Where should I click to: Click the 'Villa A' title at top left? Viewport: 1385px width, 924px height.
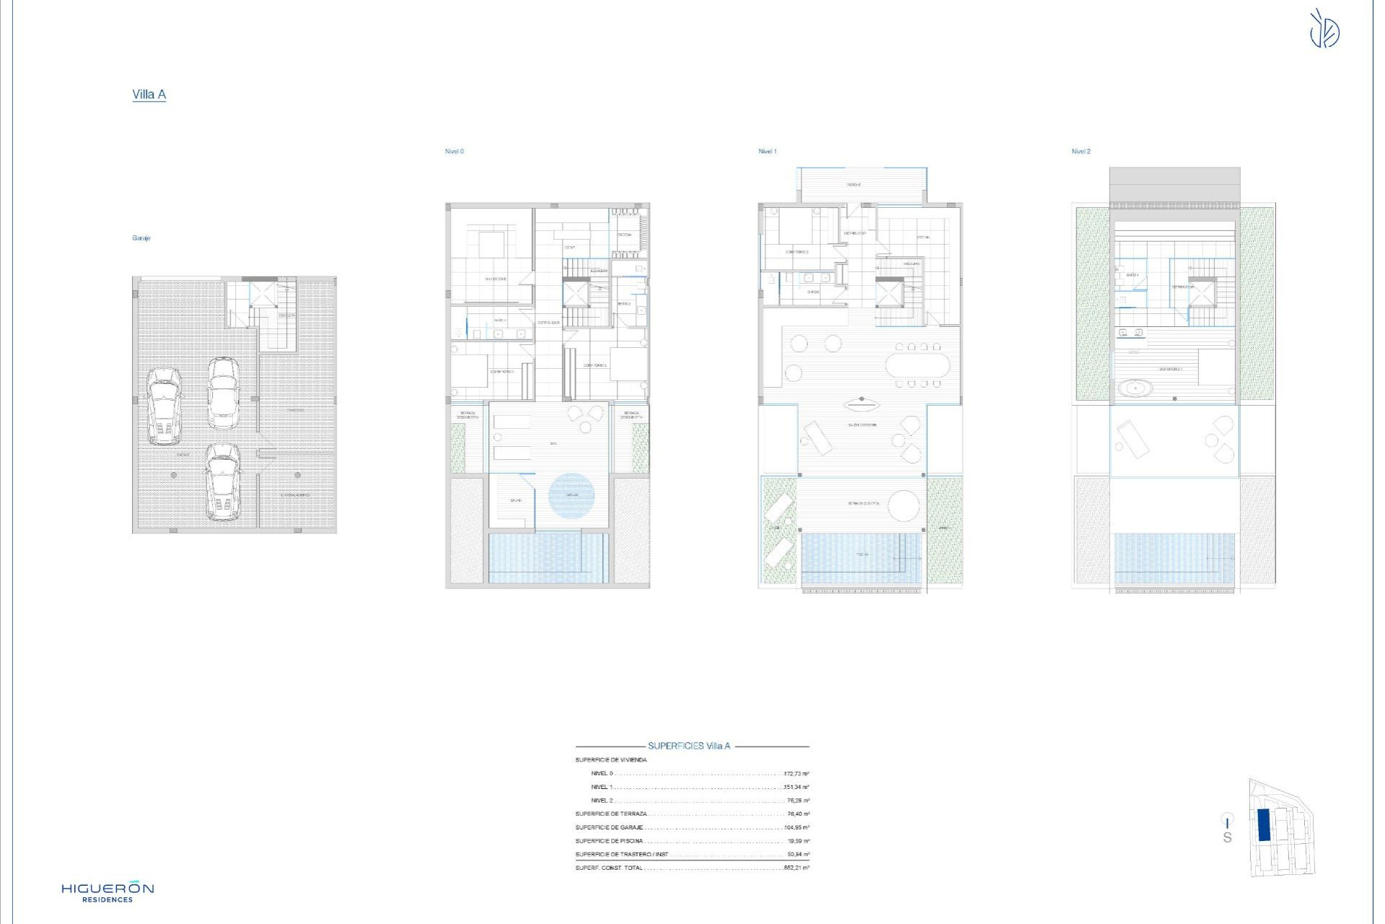point(149,95)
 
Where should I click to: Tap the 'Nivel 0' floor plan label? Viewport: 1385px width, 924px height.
point(454,152)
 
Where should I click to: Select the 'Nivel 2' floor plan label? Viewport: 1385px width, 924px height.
point(1081,152)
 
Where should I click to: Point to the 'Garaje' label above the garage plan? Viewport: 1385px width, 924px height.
point(141,238)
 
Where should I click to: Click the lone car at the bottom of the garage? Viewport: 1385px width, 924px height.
point(223,481)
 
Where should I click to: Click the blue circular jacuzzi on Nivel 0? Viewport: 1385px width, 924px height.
point(571,495)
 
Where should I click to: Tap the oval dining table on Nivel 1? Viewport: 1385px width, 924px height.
point(918,365)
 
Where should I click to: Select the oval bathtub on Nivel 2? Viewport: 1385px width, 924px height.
point(1135,388)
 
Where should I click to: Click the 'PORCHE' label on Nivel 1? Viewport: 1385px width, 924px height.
point(854,185)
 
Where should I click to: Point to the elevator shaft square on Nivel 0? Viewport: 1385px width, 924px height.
point(576,293)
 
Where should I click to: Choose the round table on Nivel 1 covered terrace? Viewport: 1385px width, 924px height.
point(903,505)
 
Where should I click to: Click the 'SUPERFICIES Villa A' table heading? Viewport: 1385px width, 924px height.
point(689,746)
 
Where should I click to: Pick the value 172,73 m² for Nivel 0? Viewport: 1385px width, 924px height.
point(796,774)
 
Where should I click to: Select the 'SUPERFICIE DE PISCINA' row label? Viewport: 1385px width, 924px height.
point(609,841)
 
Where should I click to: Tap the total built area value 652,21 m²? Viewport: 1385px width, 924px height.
point(796,868)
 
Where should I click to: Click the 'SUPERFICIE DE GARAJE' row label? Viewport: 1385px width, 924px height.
point(609,828)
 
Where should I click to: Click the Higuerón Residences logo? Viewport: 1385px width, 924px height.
point(107,892)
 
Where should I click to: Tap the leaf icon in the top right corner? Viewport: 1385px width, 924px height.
point(1324,30)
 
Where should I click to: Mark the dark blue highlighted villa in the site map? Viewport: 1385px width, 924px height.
point(1264,824)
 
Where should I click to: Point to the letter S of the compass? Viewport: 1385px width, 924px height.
point(1227,838)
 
